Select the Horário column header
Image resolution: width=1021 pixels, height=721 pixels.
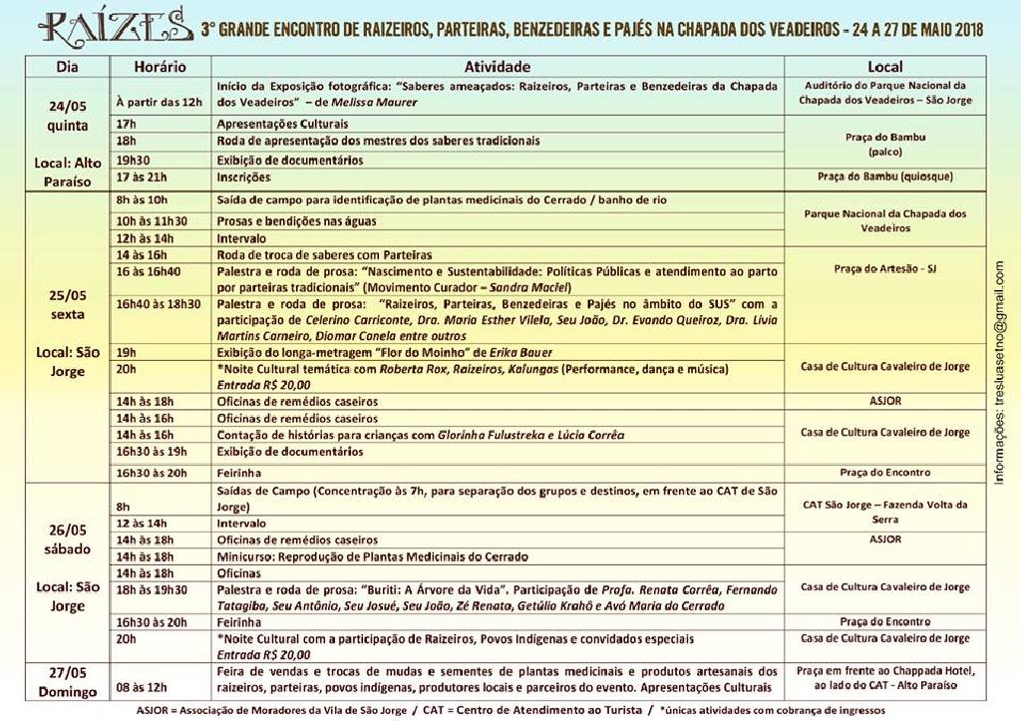tap(160, 67)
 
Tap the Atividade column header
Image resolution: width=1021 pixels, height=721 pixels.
tap(498, 67)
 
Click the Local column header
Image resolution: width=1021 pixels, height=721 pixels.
tap(884, 67)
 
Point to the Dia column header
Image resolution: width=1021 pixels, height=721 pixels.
tap(68, 67)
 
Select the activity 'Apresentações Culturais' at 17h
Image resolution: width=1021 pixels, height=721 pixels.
tap(283, 124)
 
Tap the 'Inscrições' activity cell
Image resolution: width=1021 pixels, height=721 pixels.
tap(244, 177)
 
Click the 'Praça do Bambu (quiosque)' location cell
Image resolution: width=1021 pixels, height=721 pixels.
tap(884, 177)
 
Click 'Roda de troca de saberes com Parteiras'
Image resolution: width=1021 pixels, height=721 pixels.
tap(325, 255)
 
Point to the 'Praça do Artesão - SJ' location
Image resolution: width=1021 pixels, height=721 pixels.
tap(884, 269)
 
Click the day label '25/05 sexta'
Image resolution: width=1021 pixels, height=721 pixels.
tap(68, 303)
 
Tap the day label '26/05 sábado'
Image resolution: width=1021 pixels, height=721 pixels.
tap(68, 539)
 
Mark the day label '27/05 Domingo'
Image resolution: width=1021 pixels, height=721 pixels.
tap(68, 681)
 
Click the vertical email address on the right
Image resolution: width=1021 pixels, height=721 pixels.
tap(1000, 372)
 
